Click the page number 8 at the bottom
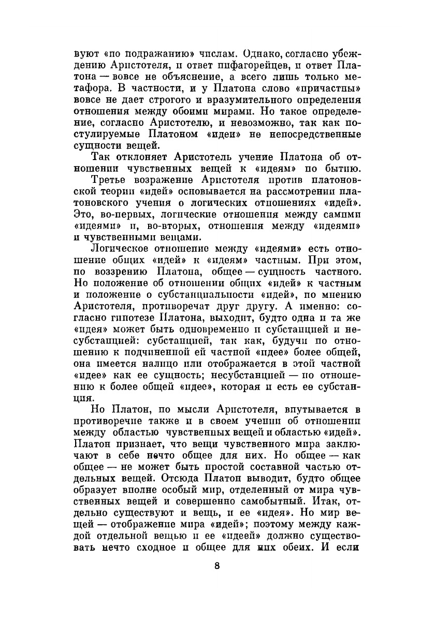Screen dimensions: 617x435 [x=217, y=566]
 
